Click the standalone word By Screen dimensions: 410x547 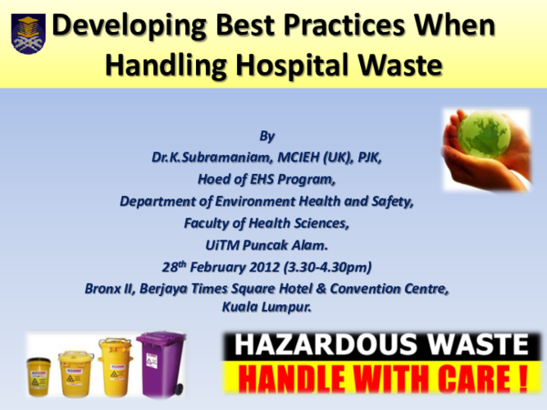(267, 138)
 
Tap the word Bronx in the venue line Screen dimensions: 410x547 (106, 286)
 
